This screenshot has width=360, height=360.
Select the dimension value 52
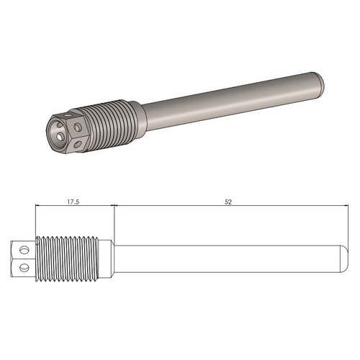click(x=228, y=202)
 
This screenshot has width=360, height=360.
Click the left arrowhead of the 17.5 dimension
click(x=38, y=207)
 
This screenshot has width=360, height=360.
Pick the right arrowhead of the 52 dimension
click(x=336, y=207)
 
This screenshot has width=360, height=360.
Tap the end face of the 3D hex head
click(x=61, y=130)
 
